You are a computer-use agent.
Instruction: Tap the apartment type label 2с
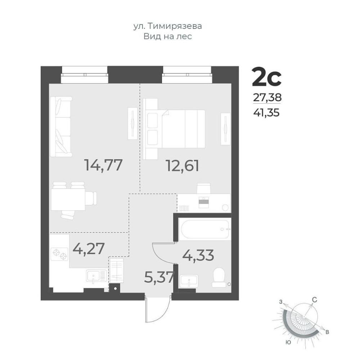click(x=266, y=77)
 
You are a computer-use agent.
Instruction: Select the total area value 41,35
click(x=266, y=113)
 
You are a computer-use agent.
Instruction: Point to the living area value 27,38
click(x=267, y=98)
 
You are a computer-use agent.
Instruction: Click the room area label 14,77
click(x=103, y=165)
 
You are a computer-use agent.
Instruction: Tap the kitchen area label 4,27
click(x=89, y=248)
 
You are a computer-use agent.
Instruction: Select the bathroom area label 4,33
click(x=198, y=255)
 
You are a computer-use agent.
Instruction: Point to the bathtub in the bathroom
click(x=205, y=229)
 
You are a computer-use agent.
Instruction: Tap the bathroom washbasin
click(x=189, y=280)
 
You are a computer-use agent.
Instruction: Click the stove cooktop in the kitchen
click(x=59, y=254)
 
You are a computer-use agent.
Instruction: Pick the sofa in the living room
click(x=61, y=127)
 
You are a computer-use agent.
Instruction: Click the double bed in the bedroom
click(x=174, y=129)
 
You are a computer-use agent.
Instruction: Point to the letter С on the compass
click(x=314, y=300)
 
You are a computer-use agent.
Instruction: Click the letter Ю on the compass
click(x=288, y=342)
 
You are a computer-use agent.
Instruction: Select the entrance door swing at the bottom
click(x=158, y=309)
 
